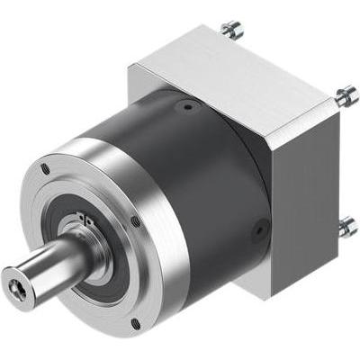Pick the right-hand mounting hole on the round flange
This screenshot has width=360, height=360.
136,220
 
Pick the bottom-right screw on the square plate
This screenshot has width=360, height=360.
346,225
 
